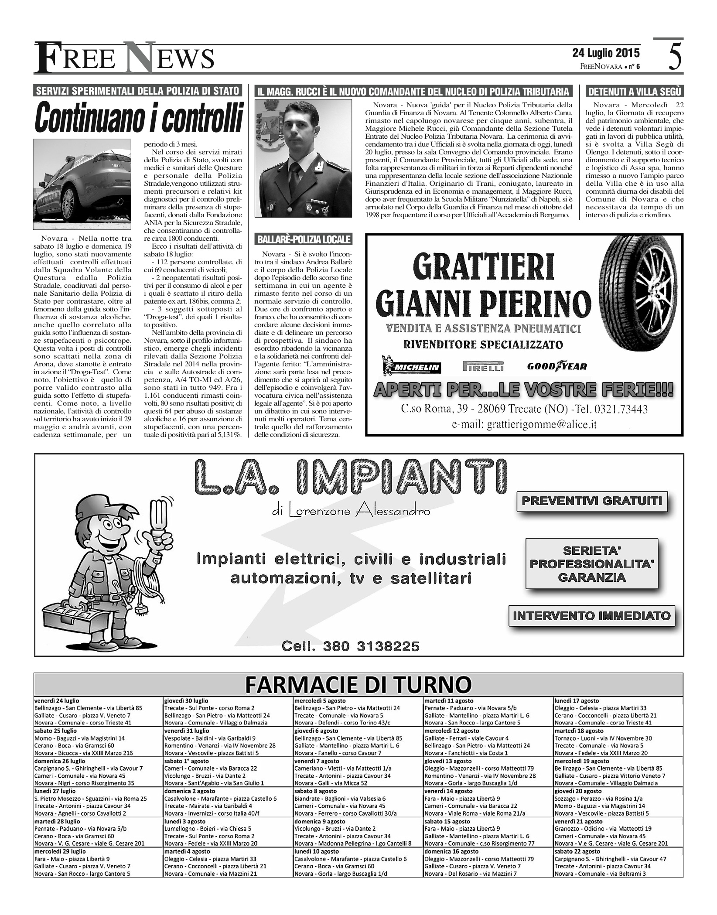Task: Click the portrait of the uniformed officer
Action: tap(303, 158)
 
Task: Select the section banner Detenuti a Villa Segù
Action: tap(635, 91)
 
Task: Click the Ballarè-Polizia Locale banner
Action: tap(304, 239)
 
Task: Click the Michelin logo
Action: tap(412, 368)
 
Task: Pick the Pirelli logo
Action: tap(483, 366)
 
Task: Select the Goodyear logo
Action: tap(557, 366)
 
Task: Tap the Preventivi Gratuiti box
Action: tap(592, 501)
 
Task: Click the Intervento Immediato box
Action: tap(591, 616)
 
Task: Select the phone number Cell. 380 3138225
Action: tap(351, 645)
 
